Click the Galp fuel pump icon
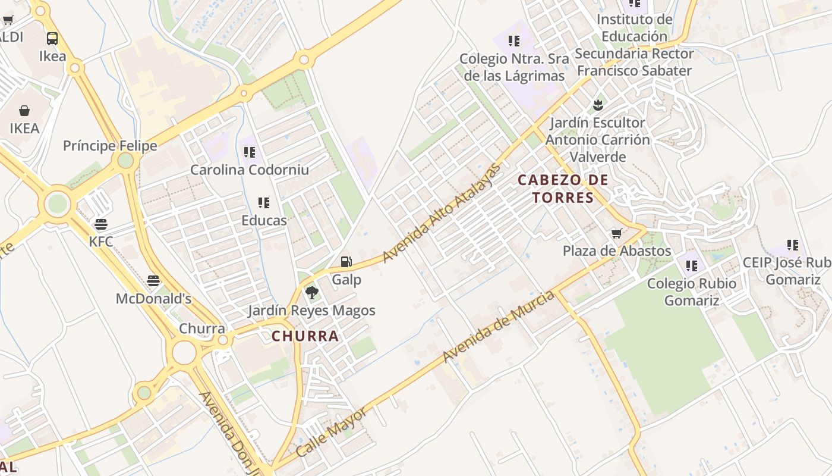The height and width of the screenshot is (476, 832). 346,262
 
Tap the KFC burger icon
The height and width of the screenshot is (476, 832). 101,224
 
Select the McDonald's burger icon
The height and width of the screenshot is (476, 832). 153,281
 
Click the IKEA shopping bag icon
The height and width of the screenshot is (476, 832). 24,111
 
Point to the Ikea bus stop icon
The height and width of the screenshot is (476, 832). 52,39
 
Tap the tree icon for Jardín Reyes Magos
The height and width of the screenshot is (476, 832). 311,293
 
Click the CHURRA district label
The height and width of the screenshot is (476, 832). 305,336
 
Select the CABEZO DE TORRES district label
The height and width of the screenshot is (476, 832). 563,189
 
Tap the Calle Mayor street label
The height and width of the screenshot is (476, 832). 331,431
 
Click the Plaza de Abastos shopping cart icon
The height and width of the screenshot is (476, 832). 617,233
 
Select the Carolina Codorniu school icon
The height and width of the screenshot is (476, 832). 250,152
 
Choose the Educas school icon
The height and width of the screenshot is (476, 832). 264,203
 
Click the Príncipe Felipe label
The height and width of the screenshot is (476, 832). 110,146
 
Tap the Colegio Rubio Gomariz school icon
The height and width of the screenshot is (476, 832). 691,266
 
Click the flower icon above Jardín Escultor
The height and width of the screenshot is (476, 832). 598,106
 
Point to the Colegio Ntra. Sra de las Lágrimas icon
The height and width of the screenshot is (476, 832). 514,41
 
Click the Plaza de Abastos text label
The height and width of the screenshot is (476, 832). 617,251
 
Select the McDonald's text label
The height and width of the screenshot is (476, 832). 153,298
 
